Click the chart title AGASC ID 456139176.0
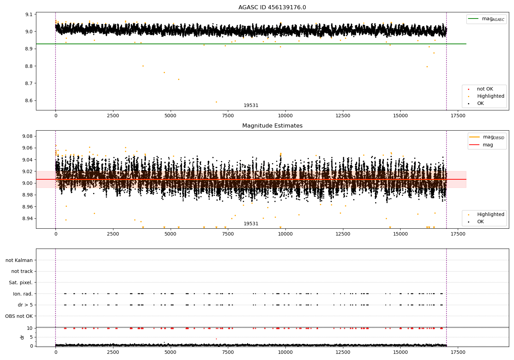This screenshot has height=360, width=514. (x=272, y=8)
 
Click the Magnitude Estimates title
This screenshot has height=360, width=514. (x=272, y=126)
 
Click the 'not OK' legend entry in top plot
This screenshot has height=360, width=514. (x=485, y=89)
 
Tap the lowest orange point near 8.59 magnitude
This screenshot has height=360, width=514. (x=216, y=102)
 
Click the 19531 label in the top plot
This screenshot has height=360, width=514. (x=251, y=106)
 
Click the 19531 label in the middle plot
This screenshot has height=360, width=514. (x=251, y=224)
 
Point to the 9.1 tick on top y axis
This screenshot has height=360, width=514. (x=28, y=14)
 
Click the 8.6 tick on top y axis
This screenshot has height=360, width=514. (x=28, y=101)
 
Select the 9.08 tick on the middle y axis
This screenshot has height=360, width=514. (x=27, y=136)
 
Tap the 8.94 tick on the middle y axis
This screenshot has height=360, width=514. (x=27, y=218)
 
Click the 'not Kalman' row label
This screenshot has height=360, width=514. (x=19, y=260)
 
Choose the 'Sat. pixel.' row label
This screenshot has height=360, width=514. (x=21, y=283)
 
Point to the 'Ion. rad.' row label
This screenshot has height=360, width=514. (x=23, y=294)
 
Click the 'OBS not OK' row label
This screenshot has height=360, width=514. (x=19, y=316)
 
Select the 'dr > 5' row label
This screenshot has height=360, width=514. (x=25, y=305)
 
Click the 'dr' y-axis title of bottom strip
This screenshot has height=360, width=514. (x=22, y=337)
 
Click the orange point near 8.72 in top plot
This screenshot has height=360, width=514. (x=179, y=79)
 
